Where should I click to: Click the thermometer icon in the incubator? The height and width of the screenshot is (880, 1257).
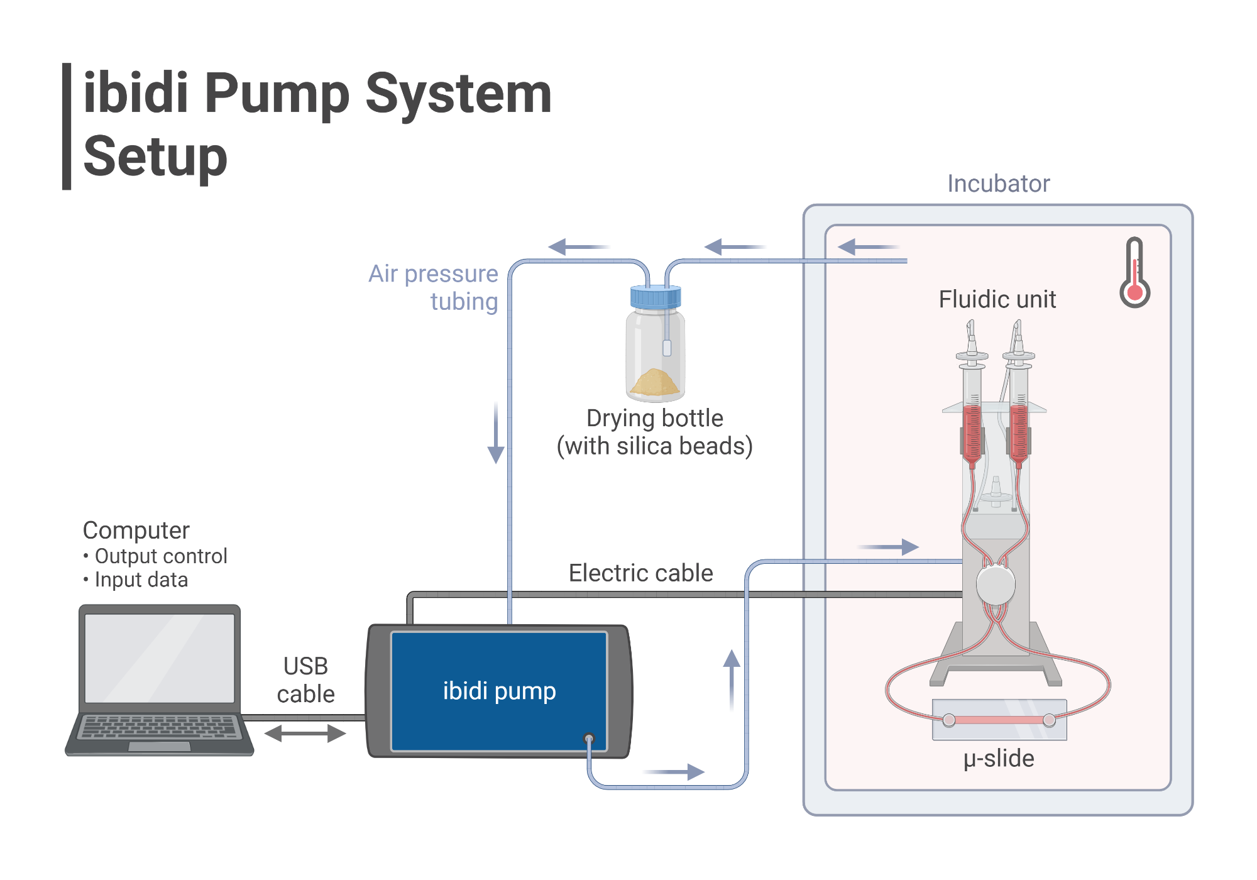(1134, 273)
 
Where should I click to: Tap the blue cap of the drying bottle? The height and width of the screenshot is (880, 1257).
(656, 297)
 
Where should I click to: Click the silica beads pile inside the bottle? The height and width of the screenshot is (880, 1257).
(655, 383)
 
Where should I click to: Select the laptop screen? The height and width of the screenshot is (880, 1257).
(160, 657)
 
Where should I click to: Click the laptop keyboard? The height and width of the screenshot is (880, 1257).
(160, 727)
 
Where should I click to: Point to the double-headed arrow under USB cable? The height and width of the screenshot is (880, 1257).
(305, 733)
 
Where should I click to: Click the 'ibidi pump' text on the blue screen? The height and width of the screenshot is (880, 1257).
(499, 691)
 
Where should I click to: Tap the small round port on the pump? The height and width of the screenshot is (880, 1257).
(589, 738)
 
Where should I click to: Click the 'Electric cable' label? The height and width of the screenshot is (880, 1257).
(640, 573)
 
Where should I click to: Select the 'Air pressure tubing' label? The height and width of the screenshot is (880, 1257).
(434, 287)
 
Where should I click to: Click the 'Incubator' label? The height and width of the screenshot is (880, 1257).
(998, 184)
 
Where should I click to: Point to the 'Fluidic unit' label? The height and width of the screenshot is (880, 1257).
(997, 299)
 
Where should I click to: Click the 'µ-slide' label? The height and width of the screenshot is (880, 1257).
(998, 758)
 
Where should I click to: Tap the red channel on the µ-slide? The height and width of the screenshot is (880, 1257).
(999, 720)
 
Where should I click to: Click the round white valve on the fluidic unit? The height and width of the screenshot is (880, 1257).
(996, 585)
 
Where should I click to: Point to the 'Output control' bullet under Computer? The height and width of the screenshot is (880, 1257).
(160, 556)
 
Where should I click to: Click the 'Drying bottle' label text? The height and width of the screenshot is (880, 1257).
(654, 418)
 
